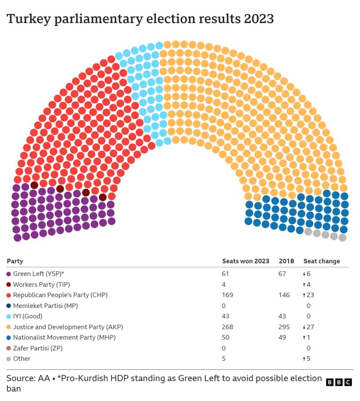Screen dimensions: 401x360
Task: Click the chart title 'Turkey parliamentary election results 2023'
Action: pyautogui.click(x=140, y=19)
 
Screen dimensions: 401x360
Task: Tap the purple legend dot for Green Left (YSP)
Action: pyautogui.click(x=9, y=274)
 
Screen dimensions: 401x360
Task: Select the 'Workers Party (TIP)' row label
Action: pyautogui.click(x=41, y=284)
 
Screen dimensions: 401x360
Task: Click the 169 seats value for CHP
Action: pyautogui.click(x=227, y=295)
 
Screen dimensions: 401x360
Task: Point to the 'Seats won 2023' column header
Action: pyautogui.click(x=246, y=261)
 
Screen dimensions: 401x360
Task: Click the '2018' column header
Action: pyautogui.click(x=286, y=261)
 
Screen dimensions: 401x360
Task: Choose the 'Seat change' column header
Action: pyautogui.click(x=322, y=261)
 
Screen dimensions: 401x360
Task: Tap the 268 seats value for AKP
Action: pyautogui.click(x=228, y=327)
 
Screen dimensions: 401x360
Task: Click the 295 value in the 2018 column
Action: pyautogui.click(x=284, y=327)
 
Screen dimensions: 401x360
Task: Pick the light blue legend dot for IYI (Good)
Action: pyautogui.click(x=9, y=316)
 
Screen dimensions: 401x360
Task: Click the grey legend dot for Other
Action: pyautogui.click(x=9, y=359)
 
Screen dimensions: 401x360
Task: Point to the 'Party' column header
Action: pyautogui.click(x=15, y=261)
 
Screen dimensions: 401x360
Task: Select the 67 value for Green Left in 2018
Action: pyautogui.click(x=282, y=274)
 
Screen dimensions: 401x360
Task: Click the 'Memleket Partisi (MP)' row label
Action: pyautogui.click(x=45, y=306)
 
